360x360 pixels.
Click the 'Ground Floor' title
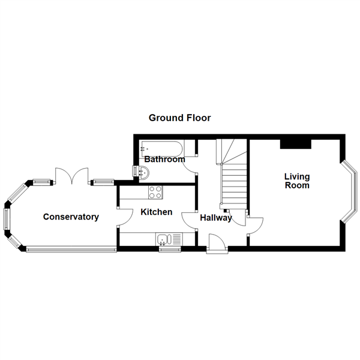click(180, 118)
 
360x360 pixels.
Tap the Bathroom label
click(164, 160)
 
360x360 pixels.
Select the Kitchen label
click(157, 212)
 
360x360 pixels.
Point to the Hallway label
click(216, 218)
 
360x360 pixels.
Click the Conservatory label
click(71, 217)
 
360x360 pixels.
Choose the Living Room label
click(297, 181)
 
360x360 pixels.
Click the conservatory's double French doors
click(72, 176)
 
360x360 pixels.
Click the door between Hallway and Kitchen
click(191, 220)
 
